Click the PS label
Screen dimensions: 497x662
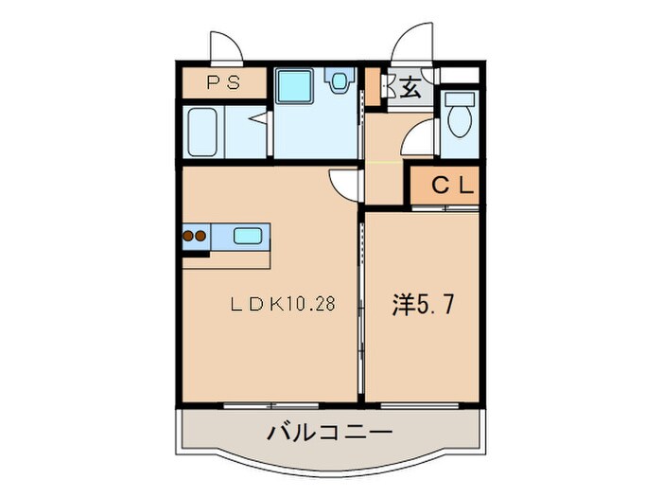pyautogui.click(x=223, y=83)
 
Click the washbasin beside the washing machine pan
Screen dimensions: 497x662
pyautogui.click(x=338, y=81)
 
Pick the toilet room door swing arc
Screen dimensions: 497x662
pyautogui.click(x=419, y=143)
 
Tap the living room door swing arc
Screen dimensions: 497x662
pyautogui.click(x=343, y=182)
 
